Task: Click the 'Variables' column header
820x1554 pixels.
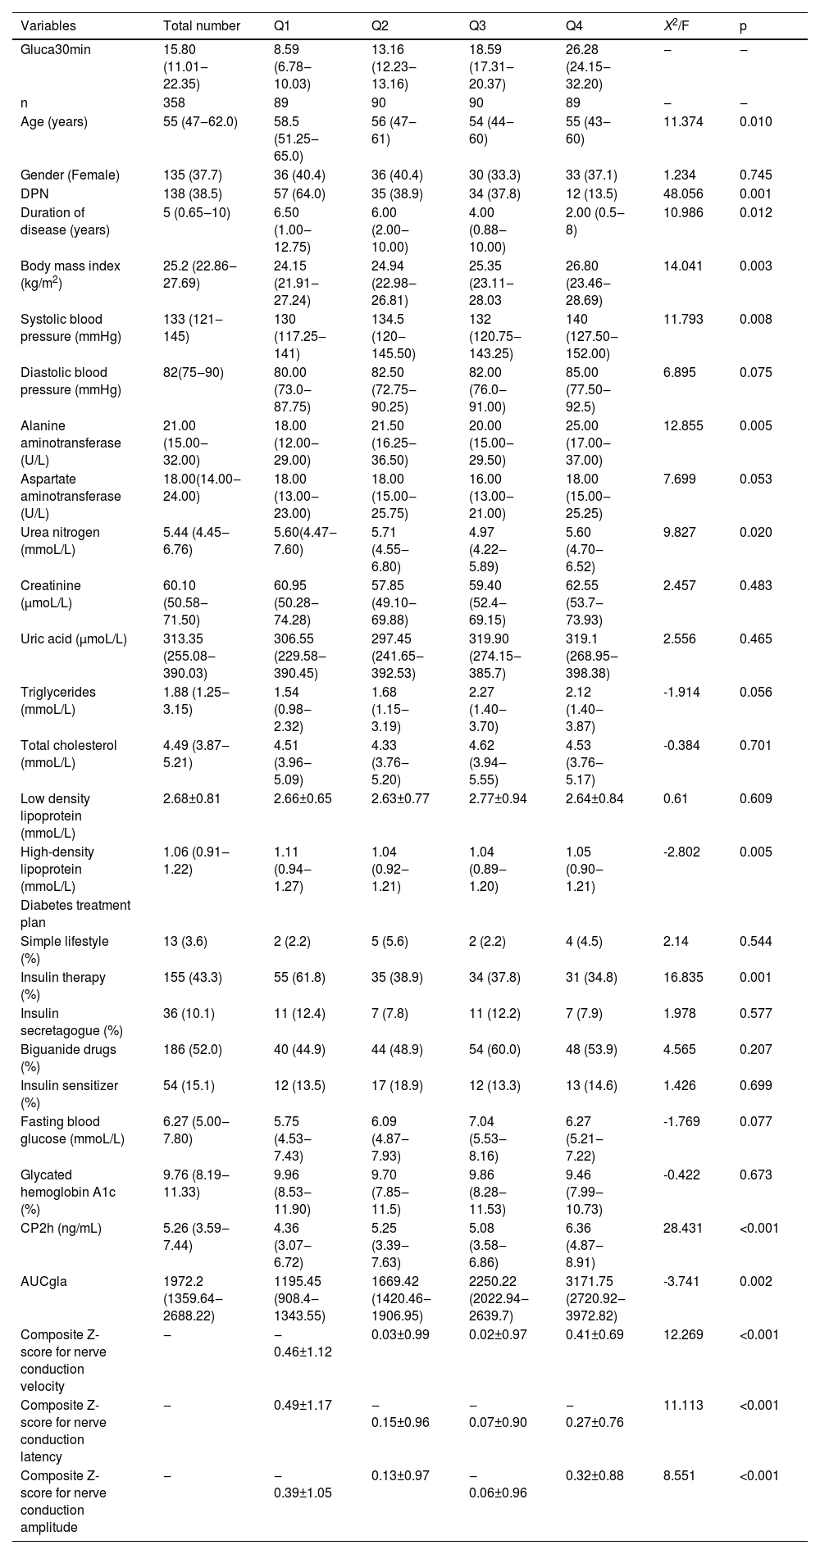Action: click(x=48, y=25)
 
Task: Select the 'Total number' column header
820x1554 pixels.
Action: click(x=202, y=25)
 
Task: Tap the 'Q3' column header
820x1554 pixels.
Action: click(x=477, y=25)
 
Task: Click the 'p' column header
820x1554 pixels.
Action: click(x=743, y=25)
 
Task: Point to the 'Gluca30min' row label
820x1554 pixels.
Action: click(x=56, y=49)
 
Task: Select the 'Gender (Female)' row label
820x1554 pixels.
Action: click(x=70, y=175)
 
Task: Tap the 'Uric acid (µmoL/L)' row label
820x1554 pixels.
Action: click(x=74, y=638)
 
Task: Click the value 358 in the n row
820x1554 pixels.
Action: click(x=175, y=102)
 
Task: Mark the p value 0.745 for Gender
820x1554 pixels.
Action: click(x=755, y=175)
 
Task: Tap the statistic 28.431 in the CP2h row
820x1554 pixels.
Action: click(x=683, y=1227)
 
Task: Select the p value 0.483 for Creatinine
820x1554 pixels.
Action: click(x=755, y=585)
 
